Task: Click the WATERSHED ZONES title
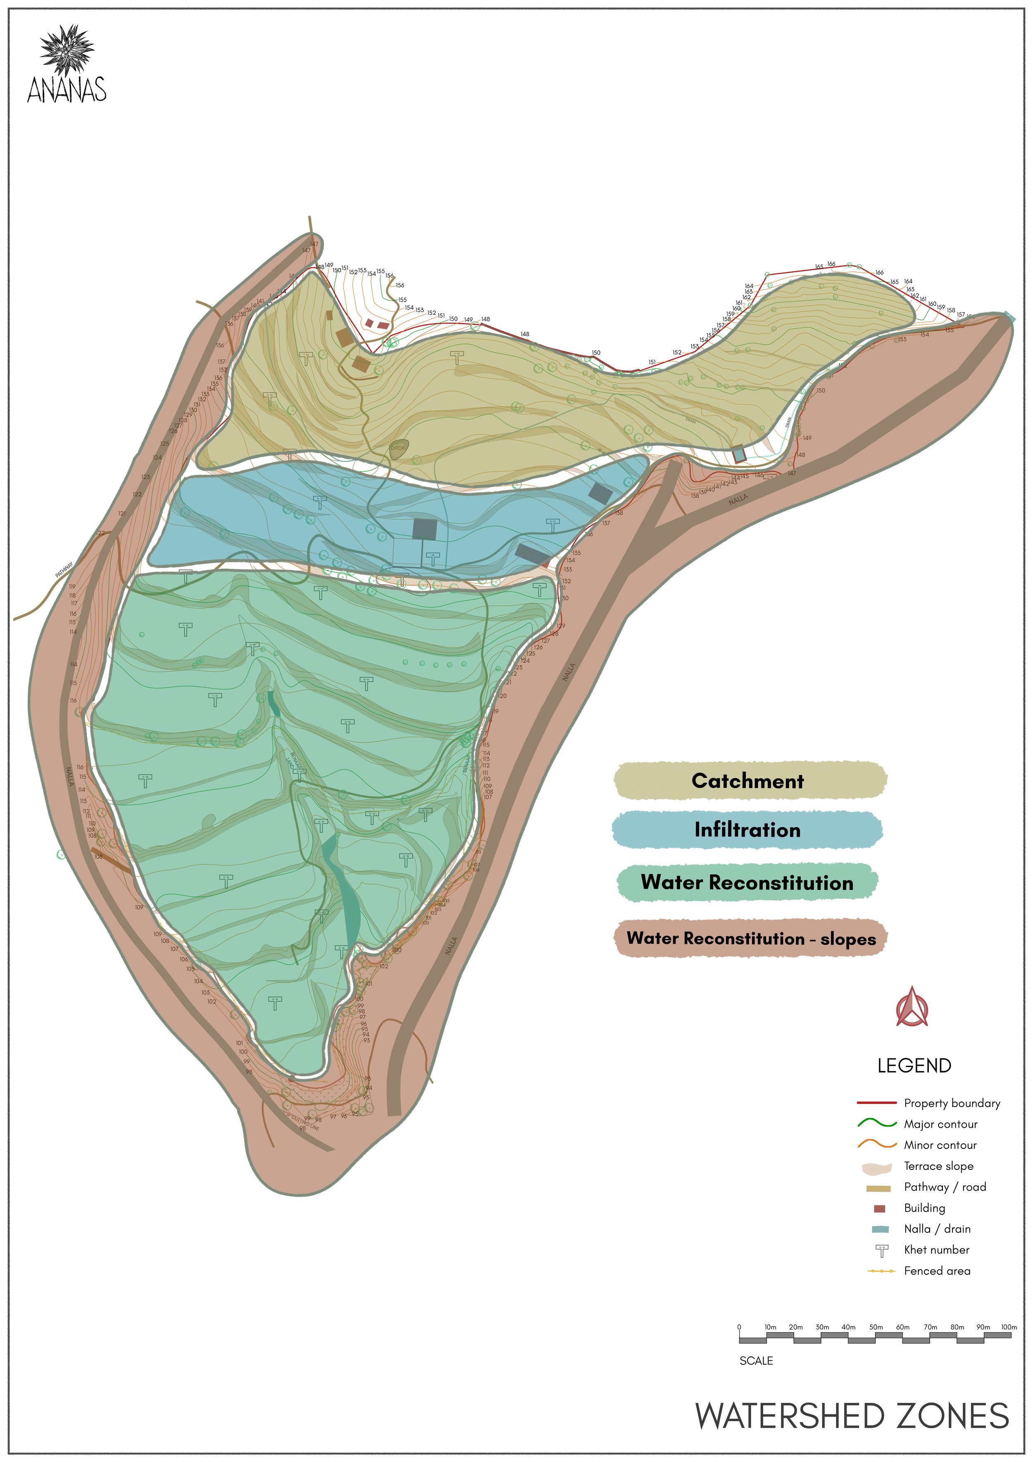[852, 1416]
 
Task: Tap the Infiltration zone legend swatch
[747, 830]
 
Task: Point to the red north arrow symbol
[912, 1007]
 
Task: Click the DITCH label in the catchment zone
[397, 448]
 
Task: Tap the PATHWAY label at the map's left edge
[64, 569]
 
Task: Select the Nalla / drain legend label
[937, 1229]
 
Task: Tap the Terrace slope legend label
[938, 1166]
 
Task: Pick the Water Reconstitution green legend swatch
[747, 882]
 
